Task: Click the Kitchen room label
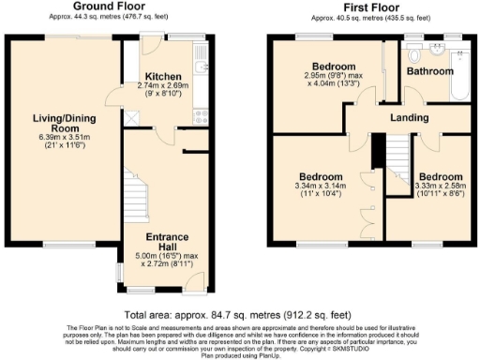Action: click(x=163, y=76)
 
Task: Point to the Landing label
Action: click(x=410, y=118)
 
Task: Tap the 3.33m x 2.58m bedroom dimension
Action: click(x=441, y=187)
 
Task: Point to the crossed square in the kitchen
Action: click(x=133, y=118)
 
